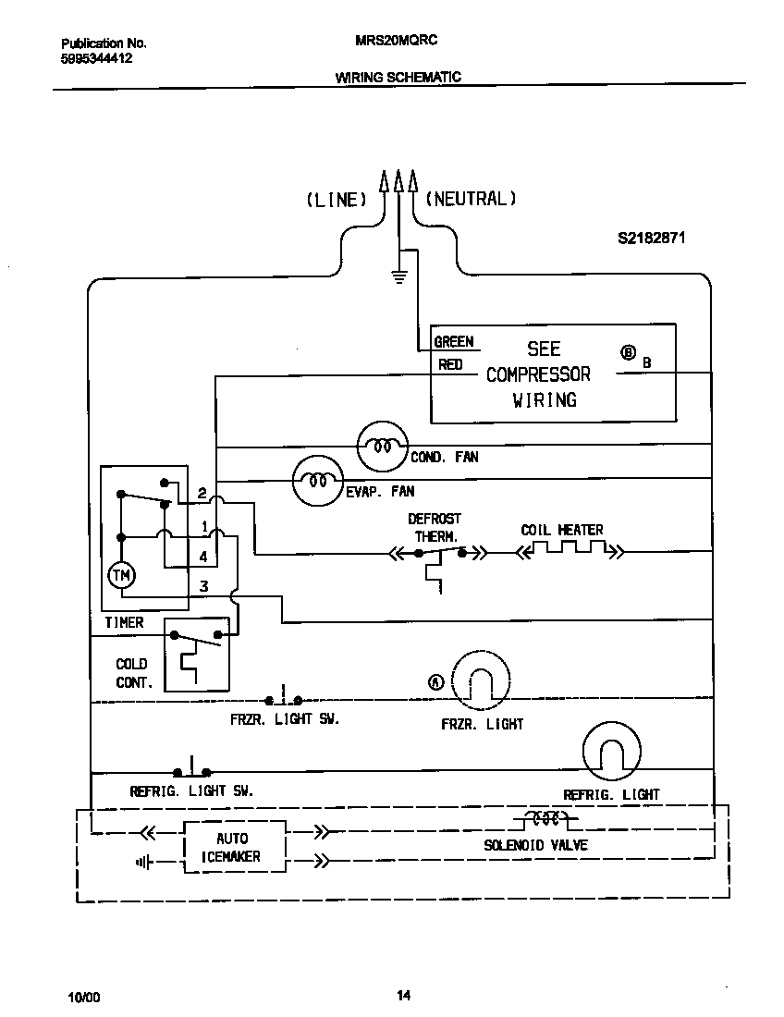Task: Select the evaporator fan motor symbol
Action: coord(317,480)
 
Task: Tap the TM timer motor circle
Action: coord(121,576)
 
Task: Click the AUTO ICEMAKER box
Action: coord(232,847)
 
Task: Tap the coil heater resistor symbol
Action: coord(567,552)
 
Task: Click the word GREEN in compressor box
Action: coord(453,342)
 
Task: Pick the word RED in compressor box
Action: coord(450,365)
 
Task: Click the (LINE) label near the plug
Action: coord(337,200)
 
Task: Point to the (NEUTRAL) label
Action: coord(470,199)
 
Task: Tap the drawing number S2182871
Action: coord(651,238)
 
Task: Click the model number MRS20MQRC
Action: coord(396,41)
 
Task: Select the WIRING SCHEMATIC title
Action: coord(398,78)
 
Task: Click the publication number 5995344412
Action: coord(96,57)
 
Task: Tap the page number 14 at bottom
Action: coord(403,996)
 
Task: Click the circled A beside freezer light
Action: coord(435,682)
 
